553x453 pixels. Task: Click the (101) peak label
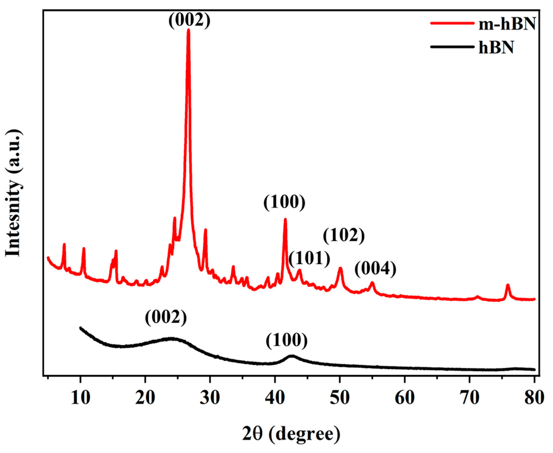pos(309,259)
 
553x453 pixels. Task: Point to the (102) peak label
pos(344,236)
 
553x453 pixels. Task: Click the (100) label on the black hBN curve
pos(287,341)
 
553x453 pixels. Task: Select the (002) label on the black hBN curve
pos(166,318)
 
